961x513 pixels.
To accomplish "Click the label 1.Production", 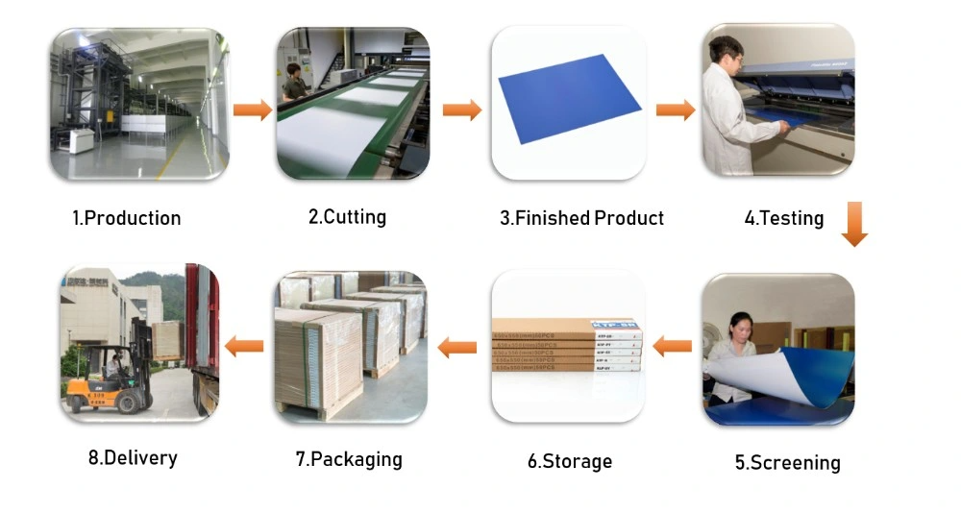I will click(x=127, y=218).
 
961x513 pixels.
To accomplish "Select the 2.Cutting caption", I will click(x=347, y=217).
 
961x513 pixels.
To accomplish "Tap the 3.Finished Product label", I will click(x=581, y=218).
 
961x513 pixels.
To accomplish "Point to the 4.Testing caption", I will click(x=784, y=218).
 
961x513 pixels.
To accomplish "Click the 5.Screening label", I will click(x=787, y=463).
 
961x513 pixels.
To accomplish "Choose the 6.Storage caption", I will click(x=569, y=461).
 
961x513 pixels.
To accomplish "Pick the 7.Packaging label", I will click(x=349, y=459).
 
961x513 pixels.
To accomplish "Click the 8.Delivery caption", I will click(x=133, y=457).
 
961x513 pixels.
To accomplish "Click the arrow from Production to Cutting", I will click(x=253, y=109).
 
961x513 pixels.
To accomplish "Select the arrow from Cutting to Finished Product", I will click(x=462, y=110).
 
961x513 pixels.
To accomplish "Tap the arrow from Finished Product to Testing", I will click(x=676, y=110).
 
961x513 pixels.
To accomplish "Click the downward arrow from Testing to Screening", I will click(x=853, y=225).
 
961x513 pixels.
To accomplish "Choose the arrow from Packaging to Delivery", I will click(x=243, y=346).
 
